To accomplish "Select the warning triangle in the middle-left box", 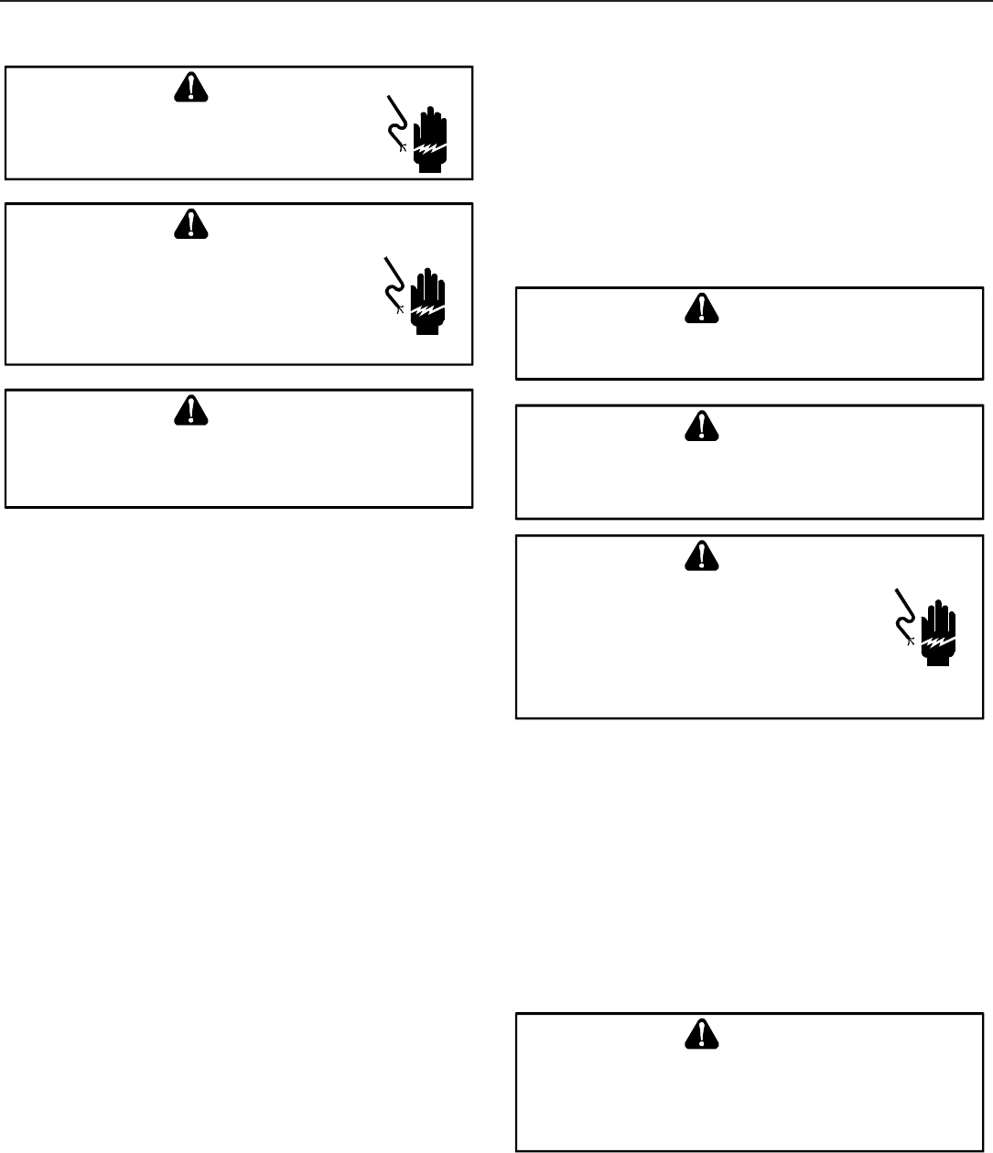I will (189, 224).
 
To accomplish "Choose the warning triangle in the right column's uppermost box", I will (701, 308).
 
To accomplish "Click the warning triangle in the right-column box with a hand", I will (701, 555).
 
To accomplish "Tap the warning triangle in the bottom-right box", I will (701, 1032).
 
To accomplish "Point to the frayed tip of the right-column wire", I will (911, 641).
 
